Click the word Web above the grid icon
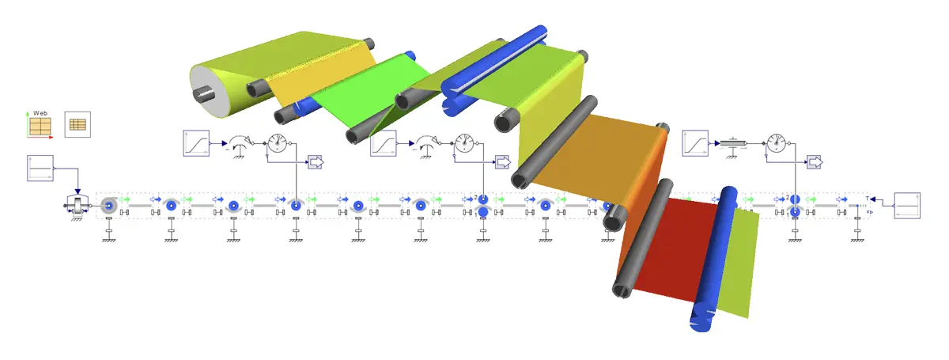tap(40, 114)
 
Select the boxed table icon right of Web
tap(78, 125)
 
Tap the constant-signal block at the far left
tap(40, 169)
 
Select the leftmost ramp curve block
tap(195, 143)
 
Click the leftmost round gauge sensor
tap(277, 143)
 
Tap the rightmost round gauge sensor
tap(777, 143)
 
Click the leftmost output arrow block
tap(316, 162)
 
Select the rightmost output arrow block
tap(815, 162)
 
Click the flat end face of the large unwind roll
tap(205, 89)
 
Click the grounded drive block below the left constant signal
tap(77, 207)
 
